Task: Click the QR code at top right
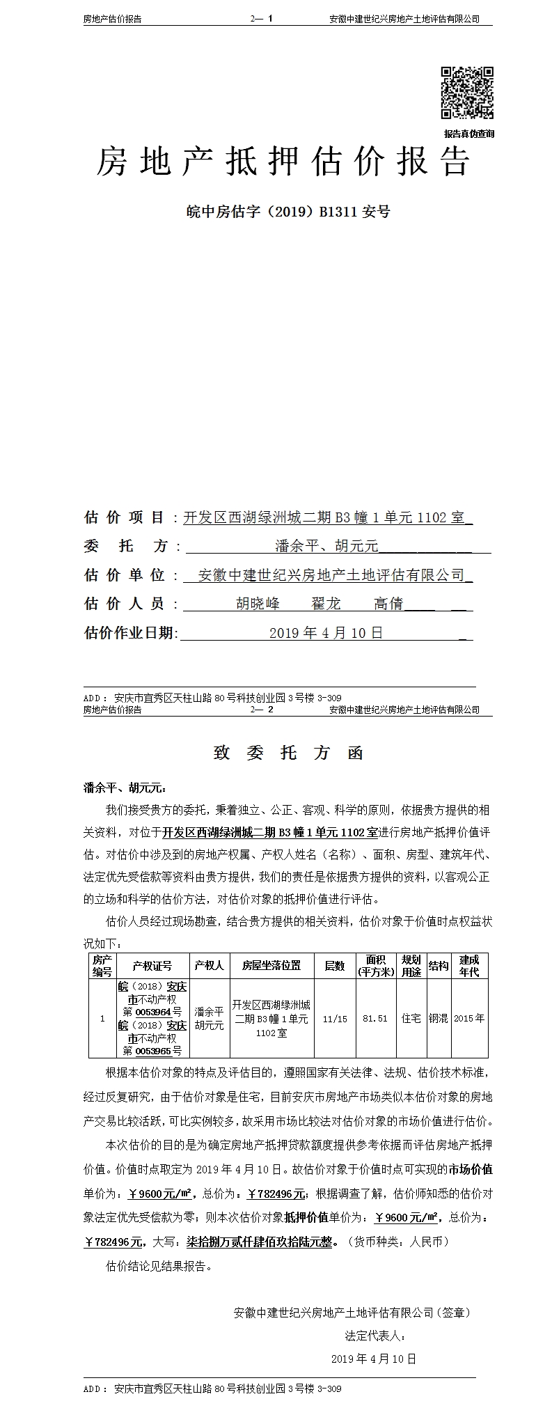tap(467, 93)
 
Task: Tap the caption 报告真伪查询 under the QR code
tap(468, 134)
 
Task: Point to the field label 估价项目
tap(124, 517)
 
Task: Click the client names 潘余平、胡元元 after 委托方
tap(326, 547)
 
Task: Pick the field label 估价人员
tap(124, 604)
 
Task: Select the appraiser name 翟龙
tap(326, 604)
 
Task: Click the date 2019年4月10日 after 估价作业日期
tap(326, 633)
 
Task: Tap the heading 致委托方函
tap(288, 753)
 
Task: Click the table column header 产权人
tap(209, 965)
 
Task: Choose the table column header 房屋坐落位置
tap(271, 965)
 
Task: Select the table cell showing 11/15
tap(335, 1018)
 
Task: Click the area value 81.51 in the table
tap(375, 1018)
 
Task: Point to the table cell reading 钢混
tap(438, 1018)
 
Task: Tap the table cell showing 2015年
tap(468, 1018)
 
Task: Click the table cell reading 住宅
tap(411, 1018)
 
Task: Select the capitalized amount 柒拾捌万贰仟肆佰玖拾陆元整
tap(259, 1242)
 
